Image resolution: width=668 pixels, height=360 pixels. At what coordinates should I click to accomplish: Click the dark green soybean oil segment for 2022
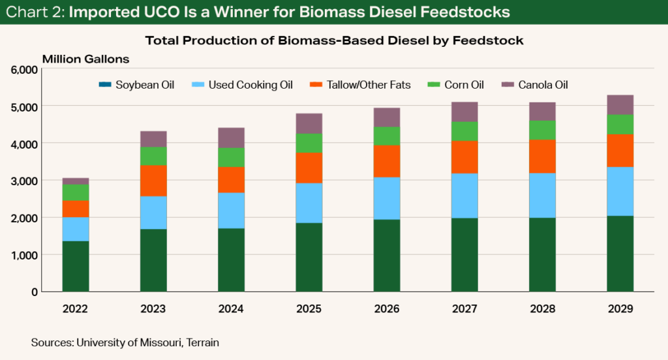tap(76, 266)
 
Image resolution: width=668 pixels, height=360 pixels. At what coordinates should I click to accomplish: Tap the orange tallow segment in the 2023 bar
tap(153, 181)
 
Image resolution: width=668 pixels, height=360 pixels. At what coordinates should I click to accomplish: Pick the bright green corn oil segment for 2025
tap(309, 143)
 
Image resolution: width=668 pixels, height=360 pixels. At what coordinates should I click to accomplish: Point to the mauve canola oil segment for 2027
tap(464, 112)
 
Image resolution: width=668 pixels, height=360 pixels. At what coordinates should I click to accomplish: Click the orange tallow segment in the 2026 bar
tap(387, 161)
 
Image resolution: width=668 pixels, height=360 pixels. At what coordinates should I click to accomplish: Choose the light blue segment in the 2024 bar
tap(231, 210)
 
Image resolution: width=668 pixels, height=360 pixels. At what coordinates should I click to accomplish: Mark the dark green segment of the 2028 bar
tap(542, 254)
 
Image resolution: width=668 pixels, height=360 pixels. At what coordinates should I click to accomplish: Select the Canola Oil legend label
tap(547, 85)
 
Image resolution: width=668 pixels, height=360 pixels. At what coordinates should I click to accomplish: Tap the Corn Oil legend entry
tap(464, 85)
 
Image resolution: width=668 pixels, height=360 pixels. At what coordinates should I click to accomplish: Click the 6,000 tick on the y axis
tap(25, 69)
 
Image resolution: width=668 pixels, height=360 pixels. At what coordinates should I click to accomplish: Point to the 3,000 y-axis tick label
tap(25, 181)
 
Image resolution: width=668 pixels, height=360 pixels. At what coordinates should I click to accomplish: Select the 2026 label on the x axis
tap(387, 309)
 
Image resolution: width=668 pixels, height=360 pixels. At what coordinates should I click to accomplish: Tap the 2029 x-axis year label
tap(620, 309)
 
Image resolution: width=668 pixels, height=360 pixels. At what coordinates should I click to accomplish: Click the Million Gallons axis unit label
tap(85, 59)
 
